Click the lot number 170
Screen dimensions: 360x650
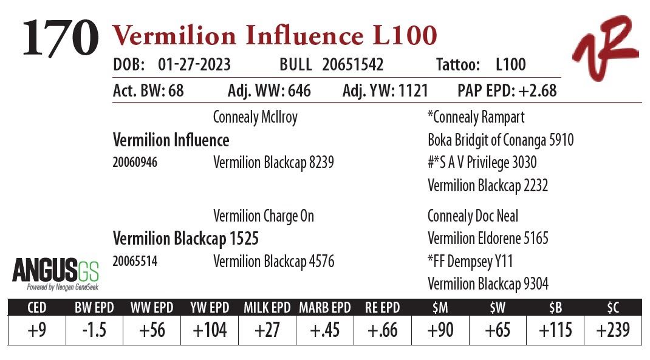tap(61, 38)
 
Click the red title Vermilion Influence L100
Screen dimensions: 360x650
tap(274, 36)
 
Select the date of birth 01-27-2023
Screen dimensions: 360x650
tap(194, 65)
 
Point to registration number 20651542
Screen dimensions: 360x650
tap(353, 65)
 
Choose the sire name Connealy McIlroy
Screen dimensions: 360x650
tap(255, 117)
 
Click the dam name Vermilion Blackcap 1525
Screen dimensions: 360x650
tap(186, 239)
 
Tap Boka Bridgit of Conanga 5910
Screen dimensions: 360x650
tap(501, 140)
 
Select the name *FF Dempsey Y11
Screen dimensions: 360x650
tap(470, 262)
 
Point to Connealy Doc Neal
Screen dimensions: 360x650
tap(473, 216)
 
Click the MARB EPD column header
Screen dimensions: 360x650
tap(324, 308)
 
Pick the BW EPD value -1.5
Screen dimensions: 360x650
tap(94, 330)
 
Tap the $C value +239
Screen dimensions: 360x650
tap(612, 330)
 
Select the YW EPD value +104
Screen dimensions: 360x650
tap(210, 330)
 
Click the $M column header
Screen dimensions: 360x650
tap(440, 308)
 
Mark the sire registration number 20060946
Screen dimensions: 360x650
tap(135, 163)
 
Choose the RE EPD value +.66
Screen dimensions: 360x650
tap(382, 330)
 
